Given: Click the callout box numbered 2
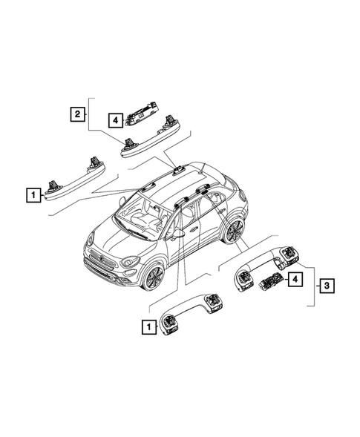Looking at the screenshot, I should click(x=76, y=114).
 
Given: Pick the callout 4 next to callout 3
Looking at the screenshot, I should click(x=295, y=279).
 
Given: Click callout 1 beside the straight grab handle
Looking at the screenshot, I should click(x=33, y=196).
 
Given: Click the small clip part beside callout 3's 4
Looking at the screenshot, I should click(x=270, y=281).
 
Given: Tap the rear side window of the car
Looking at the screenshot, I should click(x=218, y=201).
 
